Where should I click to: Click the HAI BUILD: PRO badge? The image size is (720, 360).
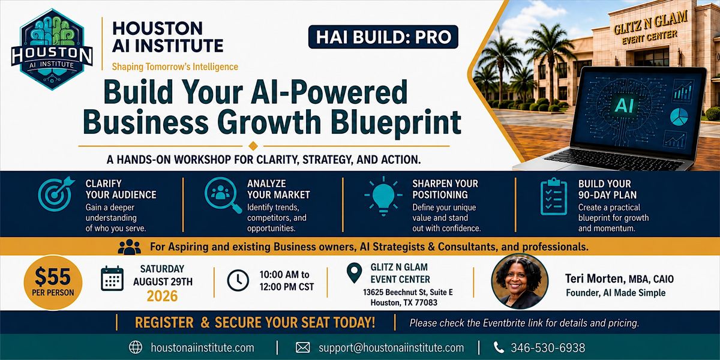(x=383, y=37)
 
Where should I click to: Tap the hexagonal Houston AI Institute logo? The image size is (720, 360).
(x=52, y=49)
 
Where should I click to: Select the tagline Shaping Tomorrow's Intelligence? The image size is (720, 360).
(x=175, y=67)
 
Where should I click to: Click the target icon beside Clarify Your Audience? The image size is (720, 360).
(x=56, y=193)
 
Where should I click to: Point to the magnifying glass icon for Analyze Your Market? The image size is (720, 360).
(x=223, y=195)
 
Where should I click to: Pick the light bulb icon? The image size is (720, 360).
(x=383, y=196)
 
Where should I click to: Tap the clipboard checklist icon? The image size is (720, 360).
(x=553, y=196)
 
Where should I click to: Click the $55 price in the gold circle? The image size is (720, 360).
(x=53, y=277)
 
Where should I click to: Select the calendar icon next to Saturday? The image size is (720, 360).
(x=112, y=278)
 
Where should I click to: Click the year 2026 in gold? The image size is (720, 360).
(x=163, y=296)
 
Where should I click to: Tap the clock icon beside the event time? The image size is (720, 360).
(x=238, y=280)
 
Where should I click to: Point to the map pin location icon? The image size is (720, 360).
(x=354, y=273)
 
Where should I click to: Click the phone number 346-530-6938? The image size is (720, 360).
(x=548, y=348)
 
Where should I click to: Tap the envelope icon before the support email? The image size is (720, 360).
(x=303, y=347)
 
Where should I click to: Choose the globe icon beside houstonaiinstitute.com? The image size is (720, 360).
(x=136, y=347)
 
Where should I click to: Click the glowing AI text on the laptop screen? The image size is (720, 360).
(x=624, y=106)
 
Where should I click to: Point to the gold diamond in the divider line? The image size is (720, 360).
(x=253, y=146)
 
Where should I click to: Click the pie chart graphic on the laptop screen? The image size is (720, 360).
(x=679, y=116)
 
